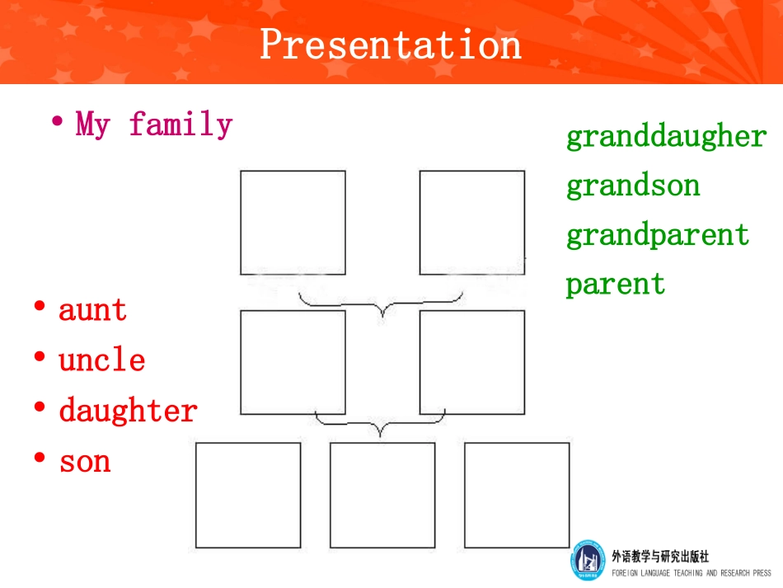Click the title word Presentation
click(x=391, y=45)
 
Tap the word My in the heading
click(x=92, y=124)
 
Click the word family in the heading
click(x=181, y=124)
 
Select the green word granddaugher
click(x=666, y=136)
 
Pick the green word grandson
click(x=633, y=186)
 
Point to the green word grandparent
click(x=658, y=235)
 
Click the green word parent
click(x=615, y=285)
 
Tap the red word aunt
click(x=92, y=310)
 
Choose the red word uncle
click(x=102, y=360)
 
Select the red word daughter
click(x=129, y=410)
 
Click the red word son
click(x=84, y=462)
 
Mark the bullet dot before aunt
click(x=40, y=306)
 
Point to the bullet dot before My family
click(x=58, y=120)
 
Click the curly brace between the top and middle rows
click(x=382, y=305)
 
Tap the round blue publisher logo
click(x=588, y=560)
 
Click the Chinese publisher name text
click(x=660, y=556)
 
